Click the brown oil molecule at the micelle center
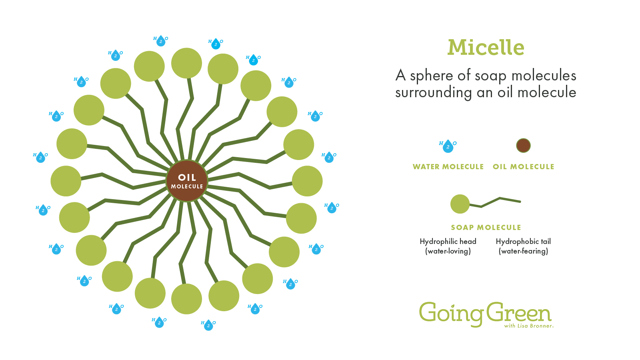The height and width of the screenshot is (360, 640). (187, 181)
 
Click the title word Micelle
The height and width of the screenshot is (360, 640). (486, 47)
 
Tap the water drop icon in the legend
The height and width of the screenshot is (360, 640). (448, 146)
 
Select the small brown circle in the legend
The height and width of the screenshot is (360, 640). (523, 146)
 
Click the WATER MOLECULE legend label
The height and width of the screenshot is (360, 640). (448, 166)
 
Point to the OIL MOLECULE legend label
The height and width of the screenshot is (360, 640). (524, 166)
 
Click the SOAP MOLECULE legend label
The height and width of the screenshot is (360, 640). (486, 228)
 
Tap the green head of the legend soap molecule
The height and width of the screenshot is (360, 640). (460, 204)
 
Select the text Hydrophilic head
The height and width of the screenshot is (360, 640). (448, 242)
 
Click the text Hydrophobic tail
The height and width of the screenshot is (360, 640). (523, 242)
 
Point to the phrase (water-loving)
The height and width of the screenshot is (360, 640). (448, 251)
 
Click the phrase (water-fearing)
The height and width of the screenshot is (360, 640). (523, 251)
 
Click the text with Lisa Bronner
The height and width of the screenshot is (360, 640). (528, 326)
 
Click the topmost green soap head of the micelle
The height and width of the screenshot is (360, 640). (186, 63)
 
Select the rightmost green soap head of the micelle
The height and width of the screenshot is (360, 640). (307, 181)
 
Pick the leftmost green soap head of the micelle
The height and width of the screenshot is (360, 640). (66, 181)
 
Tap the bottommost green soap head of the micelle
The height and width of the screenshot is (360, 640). (186, 299)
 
